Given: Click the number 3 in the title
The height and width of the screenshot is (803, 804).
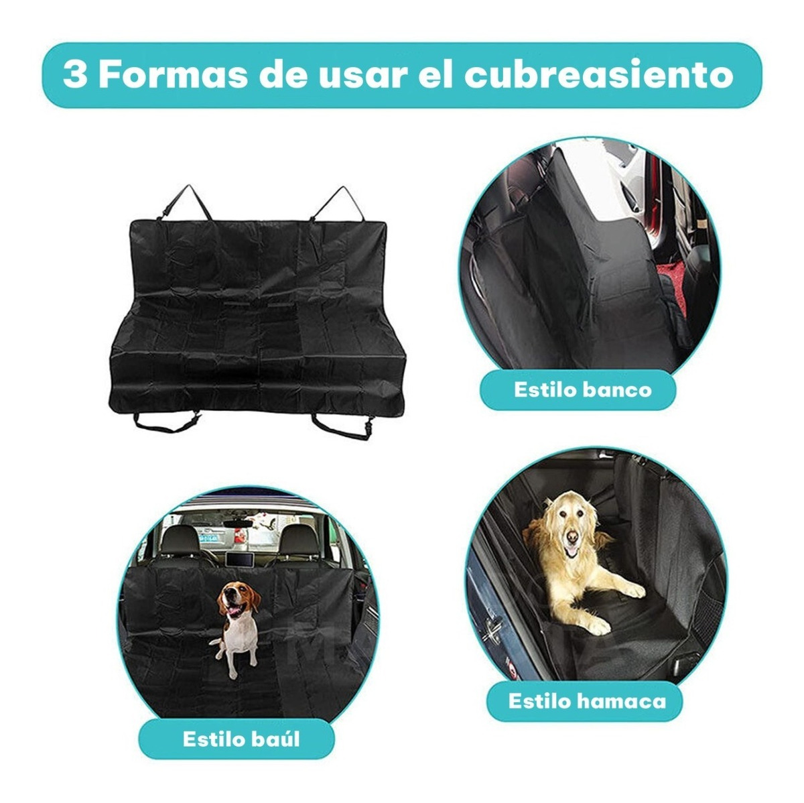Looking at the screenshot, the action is click(x=74, y=75).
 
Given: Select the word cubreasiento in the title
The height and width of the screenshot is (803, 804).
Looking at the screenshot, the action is click(x=598, y=75).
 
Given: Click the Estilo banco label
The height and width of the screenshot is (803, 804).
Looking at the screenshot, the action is click(x=582, y=390).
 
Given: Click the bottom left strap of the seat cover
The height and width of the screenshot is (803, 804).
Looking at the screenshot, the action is click(x=166, y=422).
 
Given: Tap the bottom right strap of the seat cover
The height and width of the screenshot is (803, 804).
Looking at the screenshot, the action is click(x=343, y=426).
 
